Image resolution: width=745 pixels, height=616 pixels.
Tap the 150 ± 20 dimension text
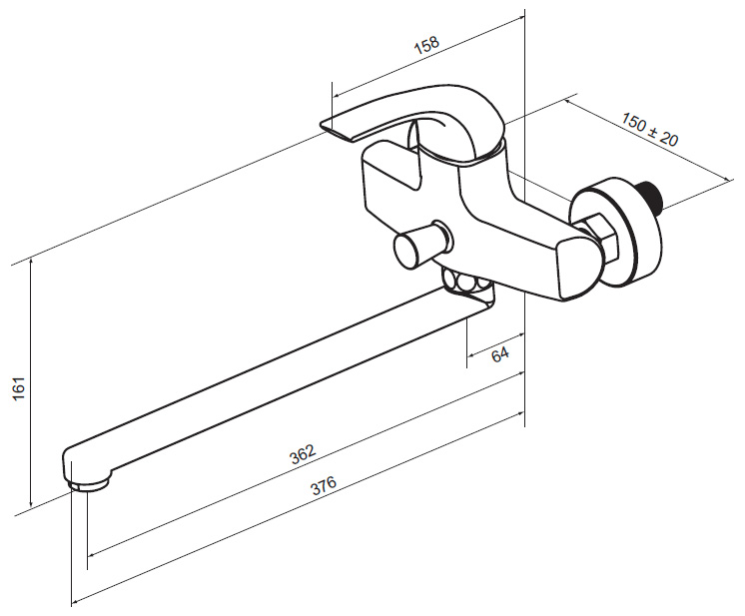click(x=650, y=129)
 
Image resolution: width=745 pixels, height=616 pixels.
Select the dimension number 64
click(x=500, y=354)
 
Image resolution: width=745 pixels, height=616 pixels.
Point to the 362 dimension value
click(x=303, y=453)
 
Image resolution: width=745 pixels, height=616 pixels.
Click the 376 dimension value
click(x=324, y=485)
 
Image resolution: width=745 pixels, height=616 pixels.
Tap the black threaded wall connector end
click(x=651, y=194)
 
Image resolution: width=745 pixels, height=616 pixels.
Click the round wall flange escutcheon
click(x=616, y=233)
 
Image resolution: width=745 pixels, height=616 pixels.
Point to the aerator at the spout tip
click(x=88, y=484)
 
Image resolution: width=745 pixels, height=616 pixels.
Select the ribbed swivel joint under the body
click(x=466, y=284)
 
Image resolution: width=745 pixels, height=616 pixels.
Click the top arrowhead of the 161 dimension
click(x=31, y=262)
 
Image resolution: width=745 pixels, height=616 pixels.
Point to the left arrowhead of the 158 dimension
click(x=337, y=95)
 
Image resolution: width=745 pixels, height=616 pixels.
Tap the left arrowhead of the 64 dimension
click(x=471, y=355)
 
